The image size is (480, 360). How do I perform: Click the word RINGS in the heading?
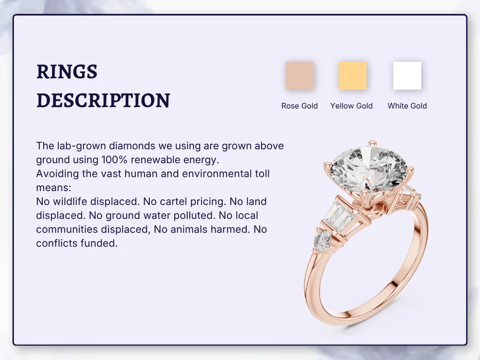coord(67,72)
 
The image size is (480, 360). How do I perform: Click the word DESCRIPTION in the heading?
coord(103,100)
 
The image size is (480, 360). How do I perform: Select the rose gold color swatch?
coord(300,76)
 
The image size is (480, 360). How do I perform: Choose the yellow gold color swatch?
coord(352,76)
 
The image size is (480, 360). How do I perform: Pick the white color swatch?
coord(407,76)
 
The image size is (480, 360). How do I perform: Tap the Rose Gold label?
coord(300,106)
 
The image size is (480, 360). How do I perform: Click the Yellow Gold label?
coord(351,106)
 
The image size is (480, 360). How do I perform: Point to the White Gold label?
coord(407,106)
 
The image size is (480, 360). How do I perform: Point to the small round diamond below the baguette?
coord(323,240)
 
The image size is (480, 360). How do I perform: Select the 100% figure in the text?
coord(113,160)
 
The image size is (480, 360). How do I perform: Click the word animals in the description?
coord(187,229)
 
